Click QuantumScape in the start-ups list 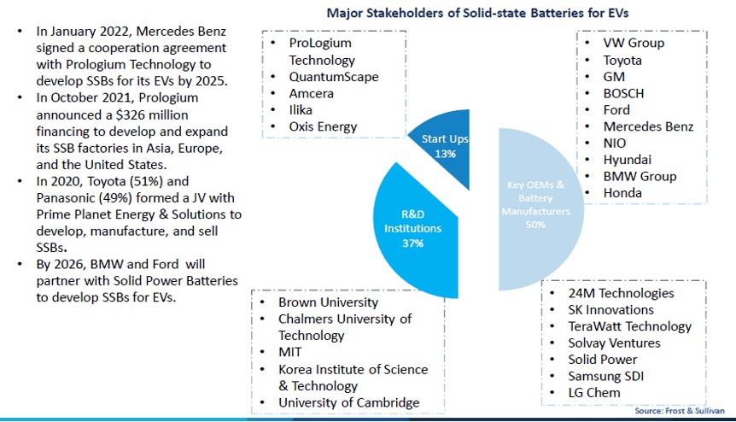tap(334, 77)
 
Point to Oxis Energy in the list tap(324, 127)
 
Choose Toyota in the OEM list tap(622, 60)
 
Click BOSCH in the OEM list tap(623, 93)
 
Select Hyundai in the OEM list tap(628, 160)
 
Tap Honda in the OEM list tap(622, 193)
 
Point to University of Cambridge tap(348, 402)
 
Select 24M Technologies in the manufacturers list tap(621, 293)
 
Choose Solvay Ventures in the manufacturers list tap(614, 343)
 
